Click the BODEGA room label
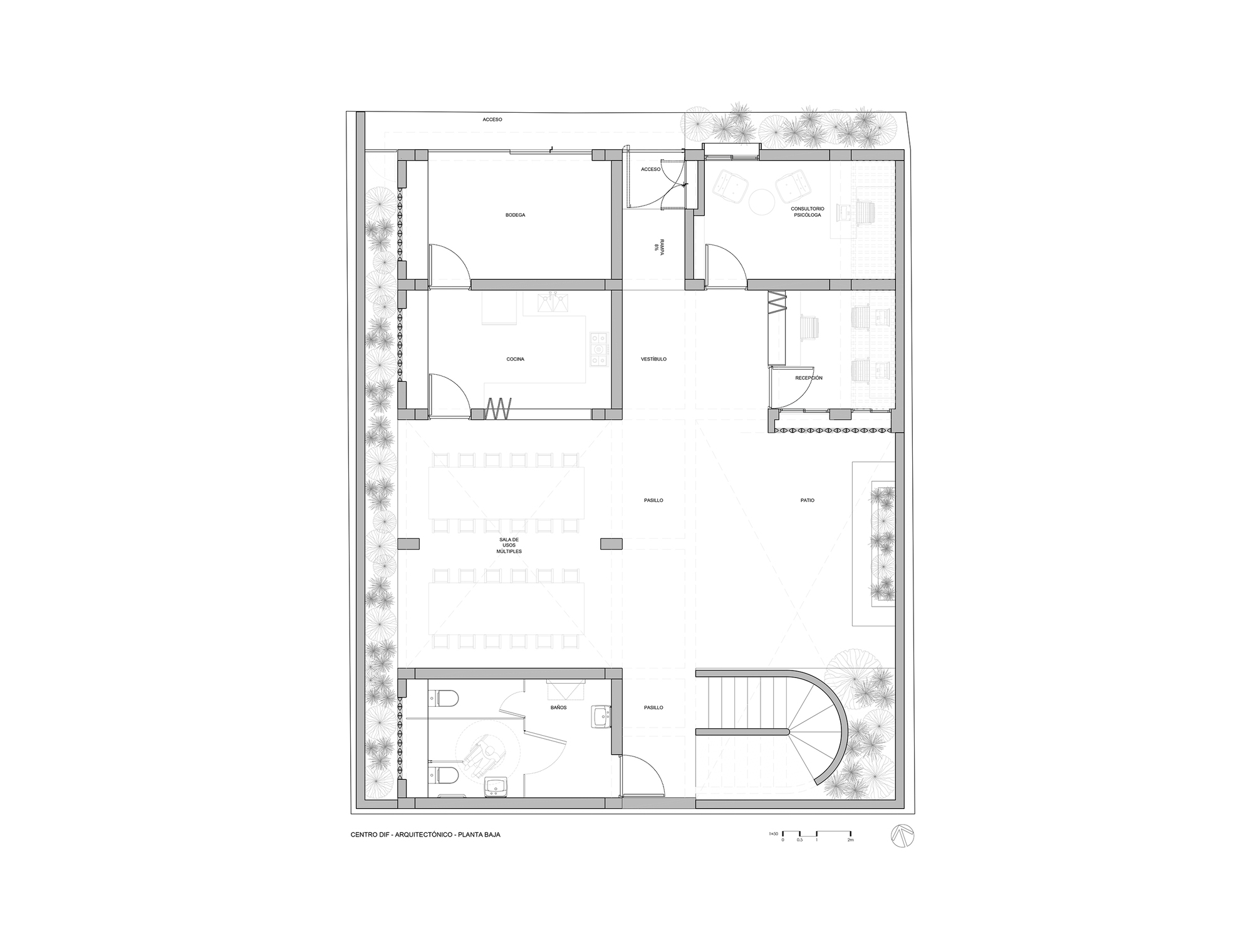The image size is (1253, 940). click(515, 215)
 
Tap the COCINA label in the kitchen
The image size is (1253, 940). click(515, 359)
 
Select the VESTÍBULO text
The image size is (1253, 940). click(653, 359)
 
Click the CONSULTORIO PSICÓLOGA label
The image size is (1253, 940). click(808, 211)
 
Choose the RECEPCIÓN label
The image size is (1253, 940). click(808, 378)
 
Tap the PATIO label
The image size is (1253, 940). click(807, 500)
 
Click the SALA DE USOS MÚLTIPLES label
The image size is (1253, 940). click(509, 545)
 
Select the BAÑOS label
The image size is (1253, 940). click(559, 707)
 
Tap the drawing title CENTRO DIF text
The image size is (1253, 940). click(425, 835)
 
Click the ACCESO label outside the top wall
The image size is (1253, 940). click(492, 119)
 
